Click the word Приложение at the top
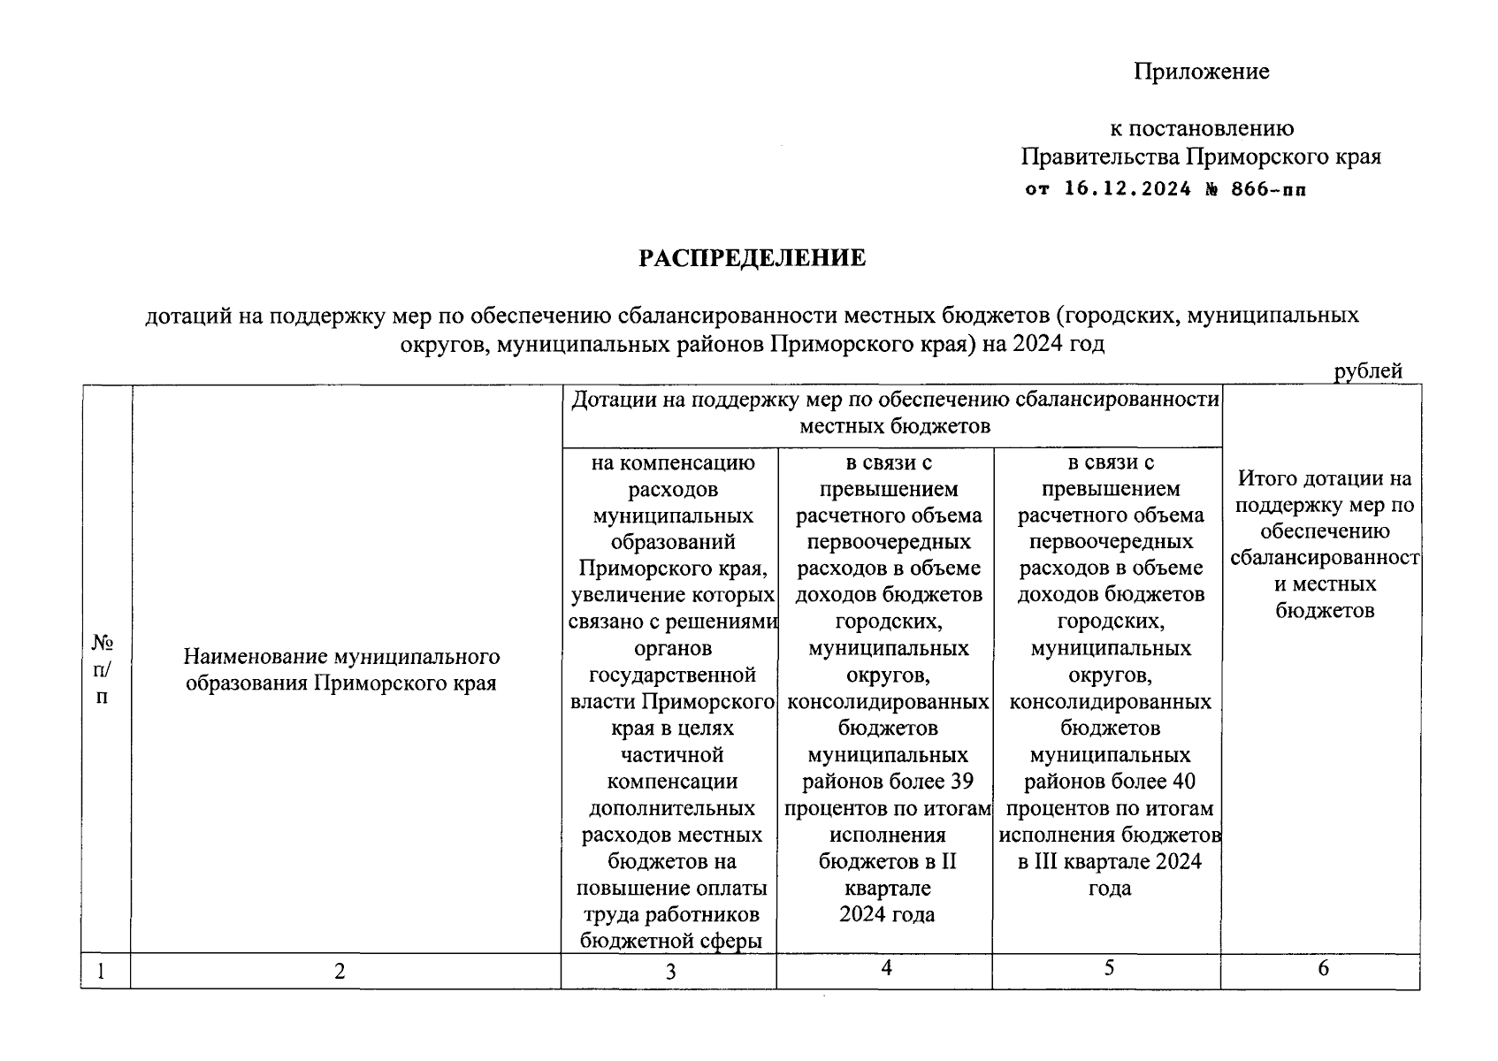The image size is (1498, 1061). click(1201, 72)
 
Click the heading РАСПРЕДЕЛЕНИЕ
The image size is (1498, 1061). click(752, 258)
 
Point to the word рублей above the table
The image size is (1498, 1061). click(1367, 371)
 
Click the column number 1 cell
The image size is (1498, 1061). click(102, 971)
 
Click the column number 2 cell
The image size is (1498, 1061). click(340, 971)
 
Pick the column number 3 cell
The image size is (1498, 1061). click(670, 971)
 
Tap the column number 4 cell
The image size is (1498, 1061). click(885, 968)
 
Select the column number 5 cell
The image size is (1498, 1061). click(1108, 968)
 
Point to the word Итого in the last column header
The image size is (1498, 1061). click(1265, 478)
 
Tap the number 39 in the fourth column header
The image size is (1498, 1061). click(960, 782)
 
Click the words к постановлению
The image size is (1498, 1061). click(1201, 129)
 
